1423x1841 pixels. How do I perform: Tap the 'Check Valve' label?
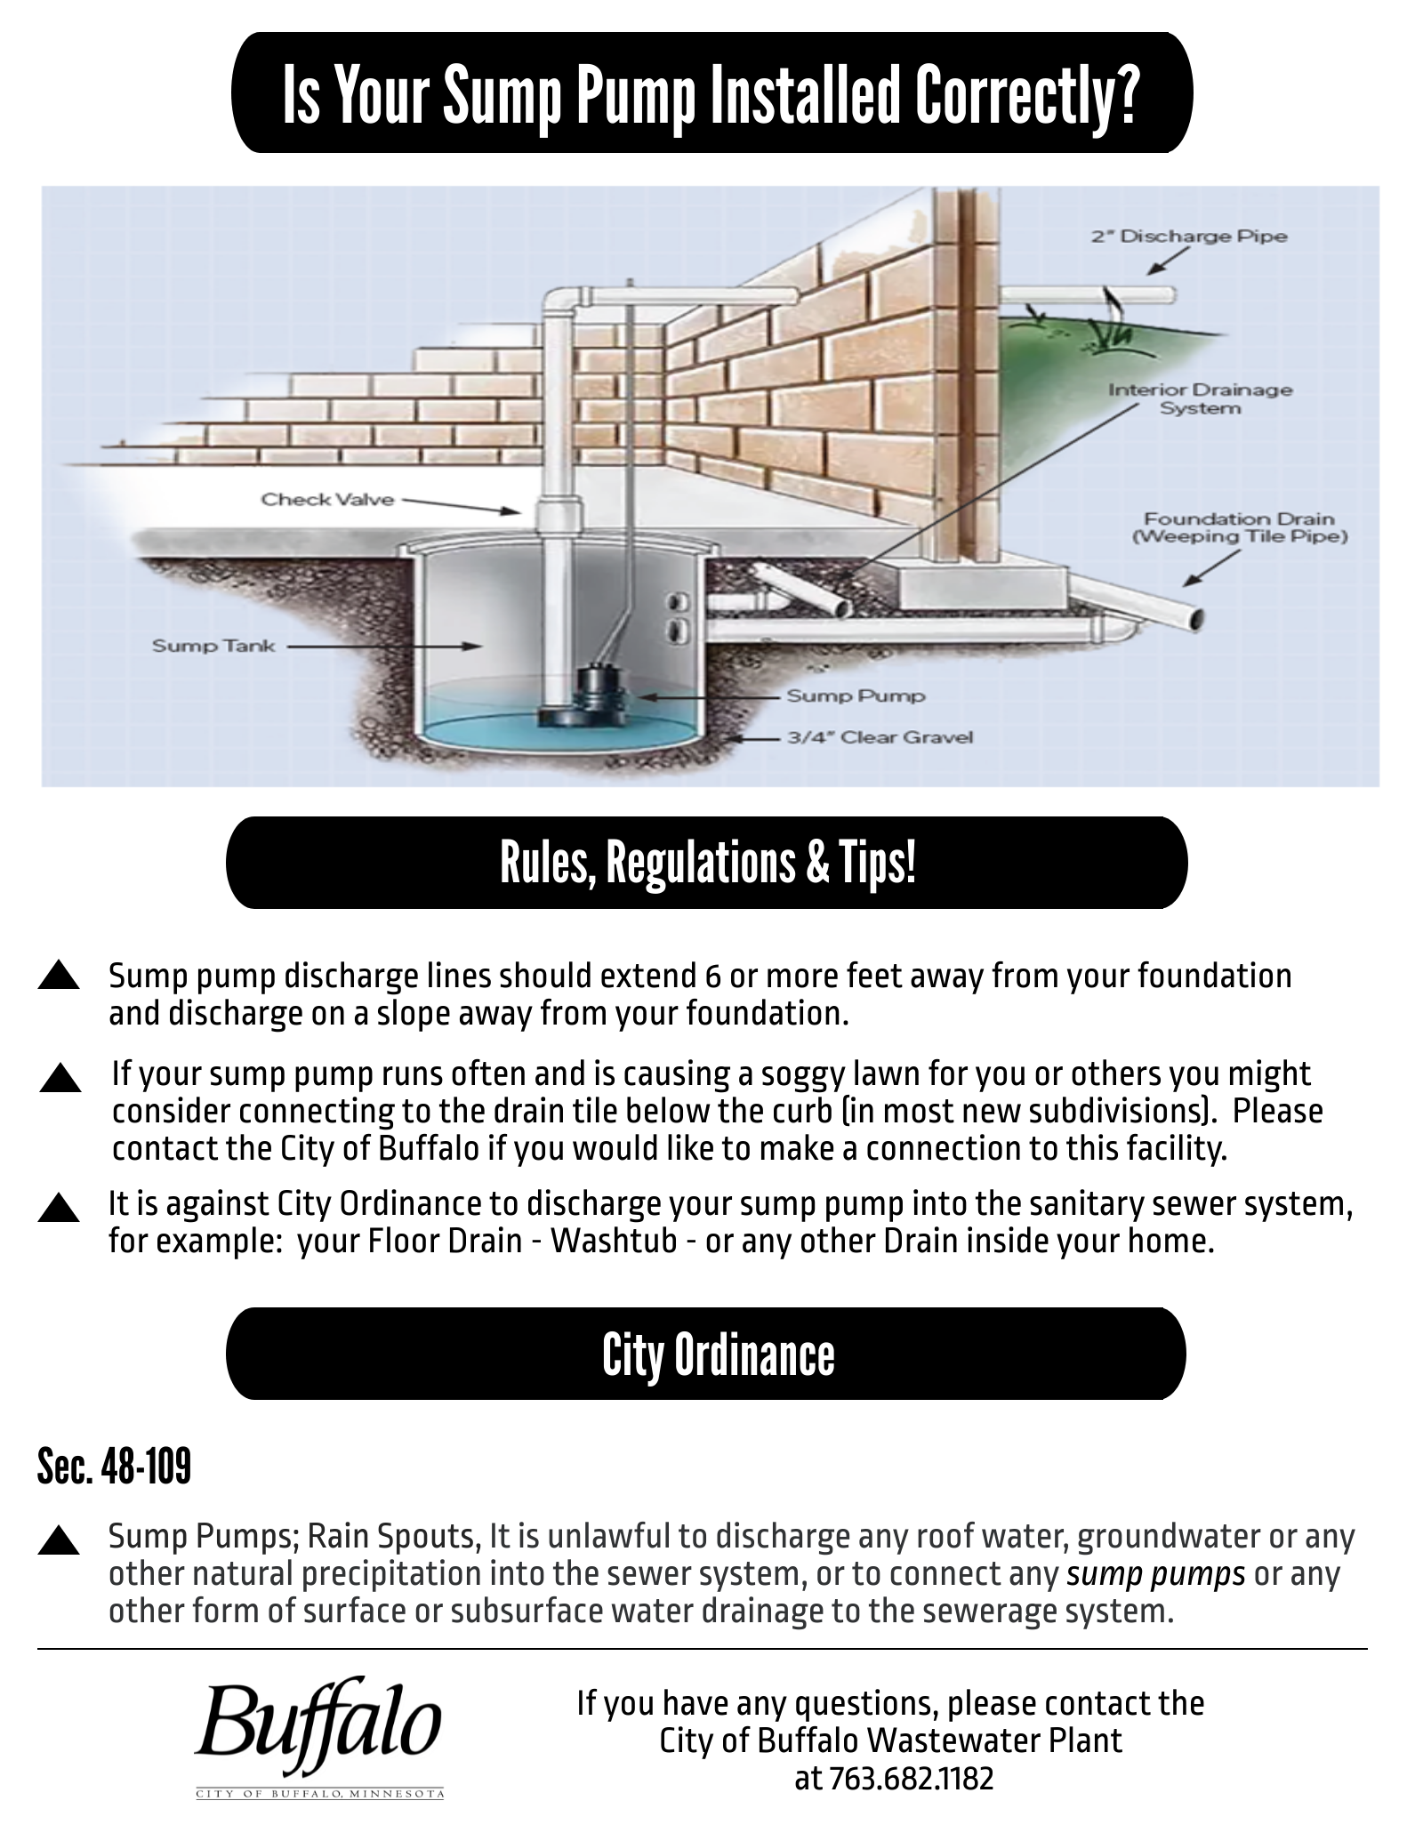pos(326,500)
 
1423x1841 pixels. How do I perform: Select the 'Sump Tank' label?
pos(213,646)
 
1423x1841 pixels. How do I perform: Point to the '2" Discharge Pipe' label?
pos(1189,237)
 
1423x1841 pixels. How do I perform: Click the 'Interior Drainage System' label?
pos(1200,398)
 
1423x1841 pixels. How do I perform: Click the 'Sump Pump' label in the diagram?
pos(856,695)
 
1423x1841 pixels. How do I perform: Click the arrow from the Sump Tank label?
pos(382,647)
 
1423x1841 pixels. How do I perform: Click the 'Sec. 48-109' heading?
pos(114,1467)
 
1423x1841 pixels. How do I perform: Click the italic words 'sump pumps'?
pos(1155,1574)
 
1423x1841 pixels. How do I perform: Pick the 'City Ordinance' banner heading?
pos(718,1355)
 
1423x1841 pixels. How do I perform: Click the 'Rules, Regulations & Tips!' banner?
pos(707,864)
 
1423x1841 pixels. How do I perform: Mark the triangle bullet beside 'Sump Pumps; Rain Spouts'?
pos(60,1540)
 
